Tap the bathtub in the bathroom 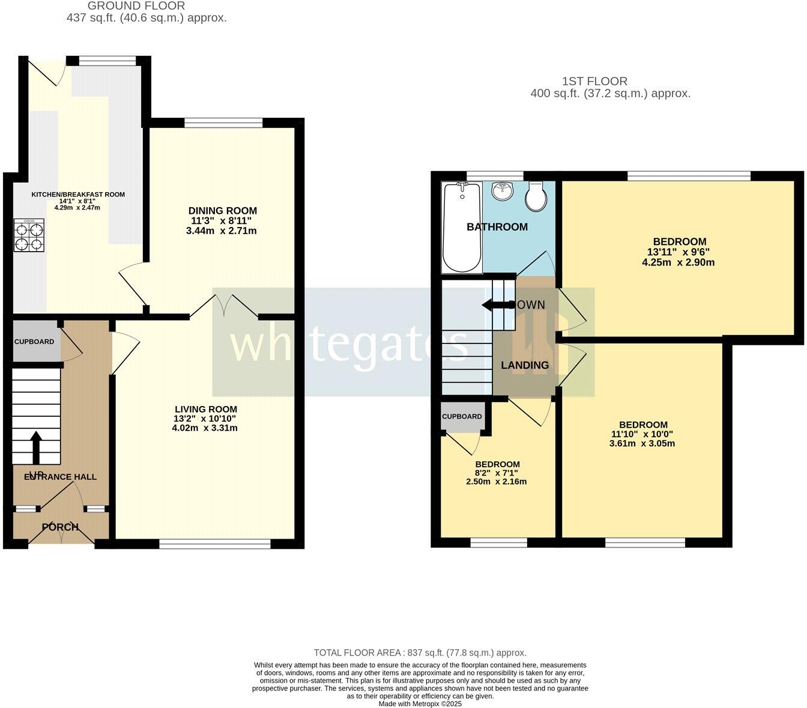click(462, 228)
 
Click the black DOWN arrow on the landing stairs click(495, 305)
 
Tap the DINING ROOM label click(222, 211)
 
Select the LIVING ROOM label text click(205, 410)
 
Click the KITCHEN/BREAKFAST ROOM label click(78, 195)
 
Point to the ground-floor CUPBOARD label click(34, 342)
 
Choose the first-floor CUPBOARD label click(462, 417)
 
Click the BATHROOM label click(497, 227)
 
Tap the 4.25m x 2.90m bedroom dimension click(678, 262)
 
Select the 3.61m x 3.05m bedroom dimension click(643, 444)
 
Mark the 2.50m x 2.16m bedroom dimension click(497, 482)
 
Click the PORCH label click(60, 527)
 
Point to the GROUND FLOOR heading click(136, 6)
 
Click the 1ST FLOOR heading click(594, 81)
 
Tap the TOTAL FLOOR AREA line click(420, 653)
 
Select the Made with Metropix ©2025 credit click(420, 704)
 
